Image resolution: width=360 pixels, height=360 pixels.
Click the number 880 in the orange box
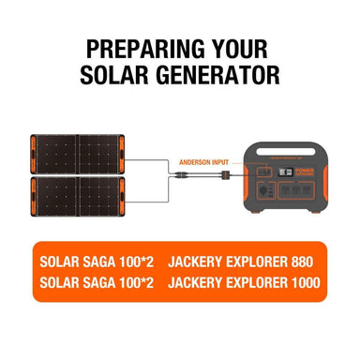coord(302,260)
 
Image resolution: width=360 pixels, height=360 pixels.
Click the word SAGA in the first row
coord(97,260)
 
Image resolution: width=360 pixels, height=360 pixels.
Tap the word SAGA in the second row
coord(97,281)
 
